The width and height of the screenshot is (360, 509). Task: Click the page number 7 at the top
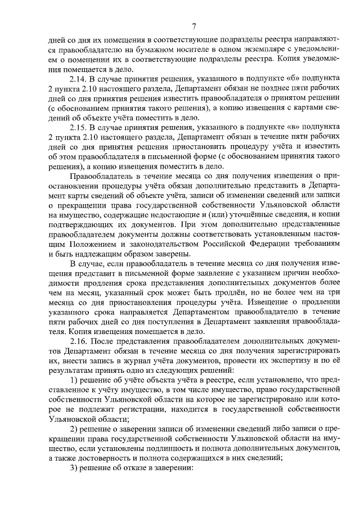tap(193, 26)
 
